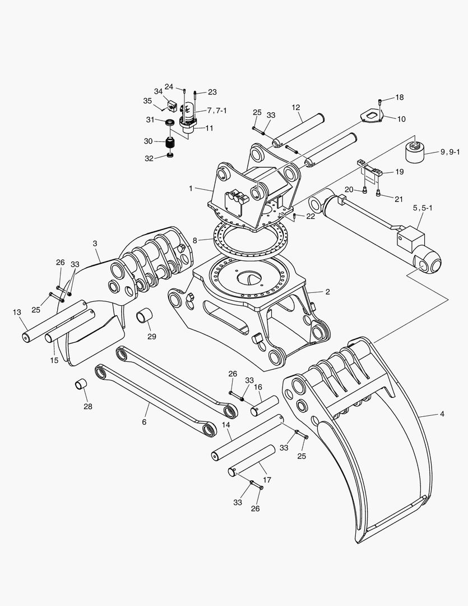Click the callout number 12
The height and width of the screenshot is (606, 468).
(296, 107)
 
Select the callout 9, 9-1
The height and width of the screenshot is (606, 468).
(450, 151)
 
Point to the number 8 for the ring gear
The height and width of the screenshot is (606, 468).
(195, 240)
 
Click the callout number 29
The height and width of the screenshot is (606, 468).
(152, 337)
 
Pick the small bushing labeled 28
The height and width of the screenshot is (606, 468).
(82, 386)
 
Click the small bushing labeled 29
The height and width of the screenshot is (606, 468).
(145, 316)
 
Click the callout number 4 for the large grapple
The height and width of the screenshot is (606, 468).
(442, 414)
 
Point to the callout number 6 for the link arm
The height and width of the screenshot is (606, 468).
(144, 421)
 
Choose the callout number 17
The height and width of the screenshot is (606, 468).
(267, 480)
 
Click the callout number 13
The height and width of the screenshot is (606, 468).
(17, 311)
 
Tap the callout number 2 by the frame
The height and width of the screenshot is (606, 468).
(327, 292)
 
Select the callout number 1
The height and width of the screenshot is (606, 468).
(191, 188)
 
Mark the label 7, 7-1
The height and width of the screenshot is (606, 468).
(217, 110)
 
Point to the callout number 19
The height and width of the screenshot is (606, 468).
(399, 172)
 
